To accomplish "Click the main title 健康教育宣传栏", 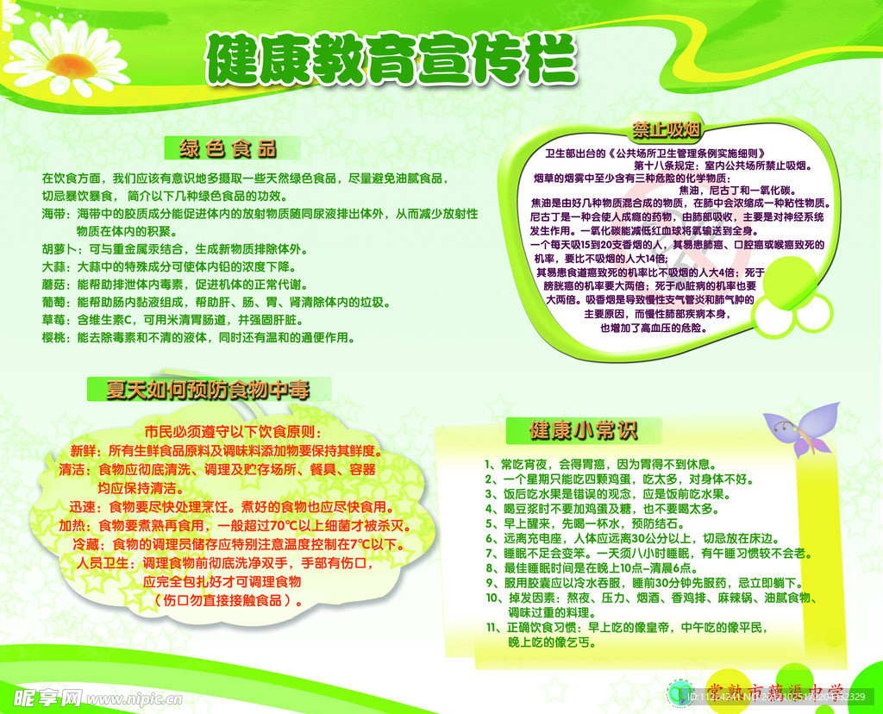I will coord(390,59).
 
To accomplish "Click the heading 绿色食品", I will coord(229,148).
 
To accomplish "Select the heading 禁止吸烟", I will coord(666,131).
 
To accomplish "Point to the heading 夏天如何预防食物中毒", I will coord(207,389).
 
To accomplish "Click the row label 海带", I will coord(53,213).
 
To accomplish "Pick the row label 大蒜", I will coord(53,266).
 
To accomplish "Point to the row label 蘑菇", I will coord(53,285).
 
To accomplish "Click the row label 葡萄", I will coord(53,303).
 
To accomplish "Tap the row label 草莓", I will coord(53,321).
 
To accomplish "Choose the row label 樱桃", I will coord(53,339).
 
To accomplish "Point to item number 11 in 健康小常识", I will coord(492,627).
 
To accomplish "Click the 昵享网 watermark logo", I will coord(47,697).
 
